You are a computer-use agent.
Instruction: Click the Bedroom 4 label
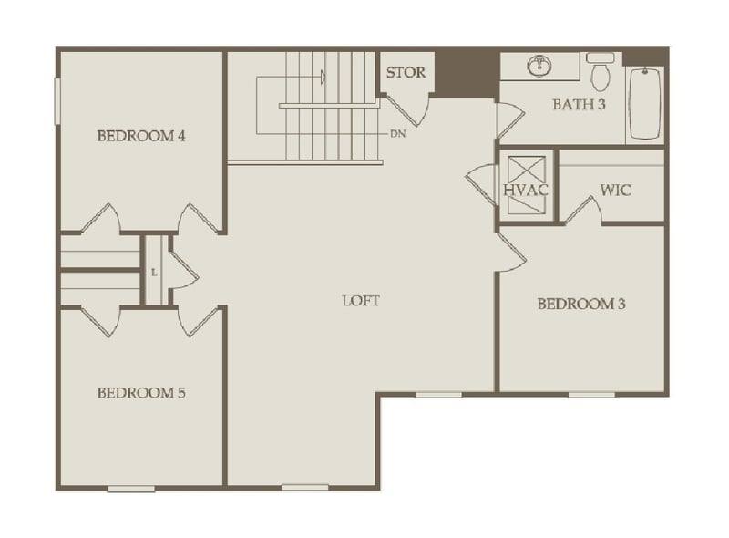coord(141,137)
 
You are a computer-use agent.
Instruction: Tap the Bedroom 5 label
coord(141,393)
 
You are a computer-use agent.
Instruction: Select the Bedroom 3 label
coord(580,304)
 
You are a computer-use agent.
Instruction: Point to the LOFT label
coord(360,300)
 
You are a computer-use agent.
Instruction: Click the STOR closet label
coord(405,73)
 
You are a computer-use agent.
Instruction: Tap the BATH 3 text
coord(579,104)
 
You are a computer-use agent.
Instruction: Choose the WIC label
coord(615,191)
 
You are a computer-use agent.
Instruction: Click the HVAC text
coord(525,191)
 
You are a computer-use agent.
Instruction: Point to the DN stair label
coord(397,134)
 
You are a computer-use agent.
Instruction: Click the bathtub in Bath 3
coord(645,102)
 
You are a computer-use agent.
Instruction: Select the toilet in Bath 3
coord(600,71)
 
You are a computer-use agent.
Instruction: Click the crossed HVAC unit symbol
coord(525,185)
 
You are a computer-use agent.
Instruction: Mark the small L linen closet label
coord(154,272)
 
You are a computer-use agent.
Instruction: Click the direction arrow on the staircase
coord(322,77)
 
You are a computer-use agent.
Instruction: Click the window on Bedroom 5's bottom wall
coord(131,490)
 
